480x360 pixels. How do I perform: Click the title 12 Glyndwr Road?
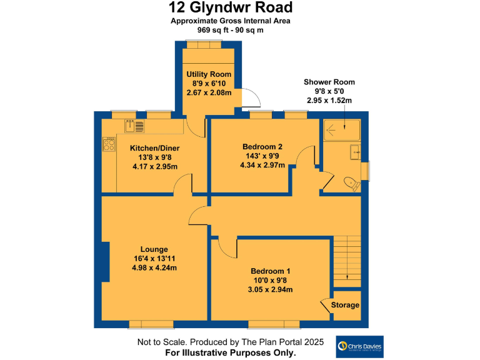pyautogui.click(x=231, y=8)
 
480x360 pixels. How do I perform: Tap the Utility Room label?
pyautogui.click(x=209, y=74)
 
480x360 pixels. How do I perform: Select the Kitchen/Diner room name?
pyautogui.click(x=154, y=148)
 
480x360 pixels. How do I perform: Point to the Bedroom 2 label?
pyautogui.click(x=262, y=147)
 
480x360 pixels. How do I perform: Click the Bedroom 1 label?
pyautogui.click(x=271, y=271)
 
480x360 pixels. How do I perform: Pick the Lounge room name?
pyautogui.click(x=154, y=248)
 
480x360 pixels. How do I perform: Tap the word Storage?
pyautogui.click(x=345, y=305)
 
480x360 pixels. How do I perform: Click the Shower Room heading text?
pyautogui.click(x=329, y=82)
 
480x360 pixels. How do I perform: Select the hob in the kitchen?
pyautogui.click(x=109, y=144)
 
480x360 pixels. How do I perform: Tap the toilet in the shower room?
pyautogui.click(x=351, y=183)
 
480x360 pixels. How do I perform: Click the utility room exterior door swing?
pyautogui.click(x=251, y=98)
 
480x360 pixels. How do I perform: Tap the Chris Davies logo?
pyautogui.click(x=359, y=346)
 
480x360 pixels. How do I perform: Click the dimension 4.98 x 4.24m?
pyautogui.click(x=154, y=267)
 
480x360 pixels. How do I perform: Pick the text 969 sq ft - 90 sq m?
pyautogui.click(x=231, y=29)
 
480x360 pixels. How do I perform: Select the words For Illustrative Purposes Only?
pyautogui.click(x=231, y=352)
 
